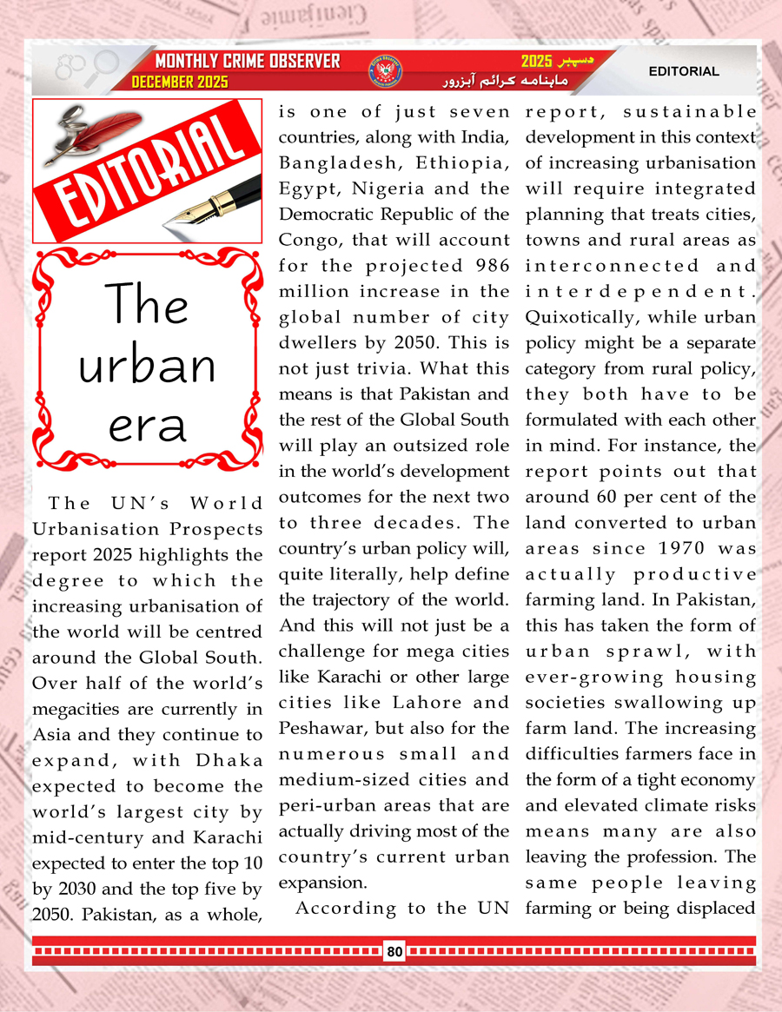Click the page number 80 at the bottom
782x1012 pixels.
coord(394,951)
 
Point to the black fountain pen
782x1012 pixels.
coord(217,199)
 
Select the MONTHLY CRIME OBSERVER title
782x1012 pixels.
coord(247,62)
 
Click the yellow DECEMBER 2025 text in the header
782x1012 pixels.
coord(180,82)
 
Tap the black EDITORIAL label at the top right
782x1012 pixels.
coord(684,71)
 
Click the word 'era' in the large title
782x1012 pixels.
coord(145,425)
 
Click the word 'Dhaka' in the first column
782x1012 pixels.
coord(229,761)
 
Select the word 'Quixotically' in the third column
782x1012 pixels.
coord(570,316)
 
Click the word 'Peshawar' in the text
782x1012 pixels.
coord(314,728)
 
